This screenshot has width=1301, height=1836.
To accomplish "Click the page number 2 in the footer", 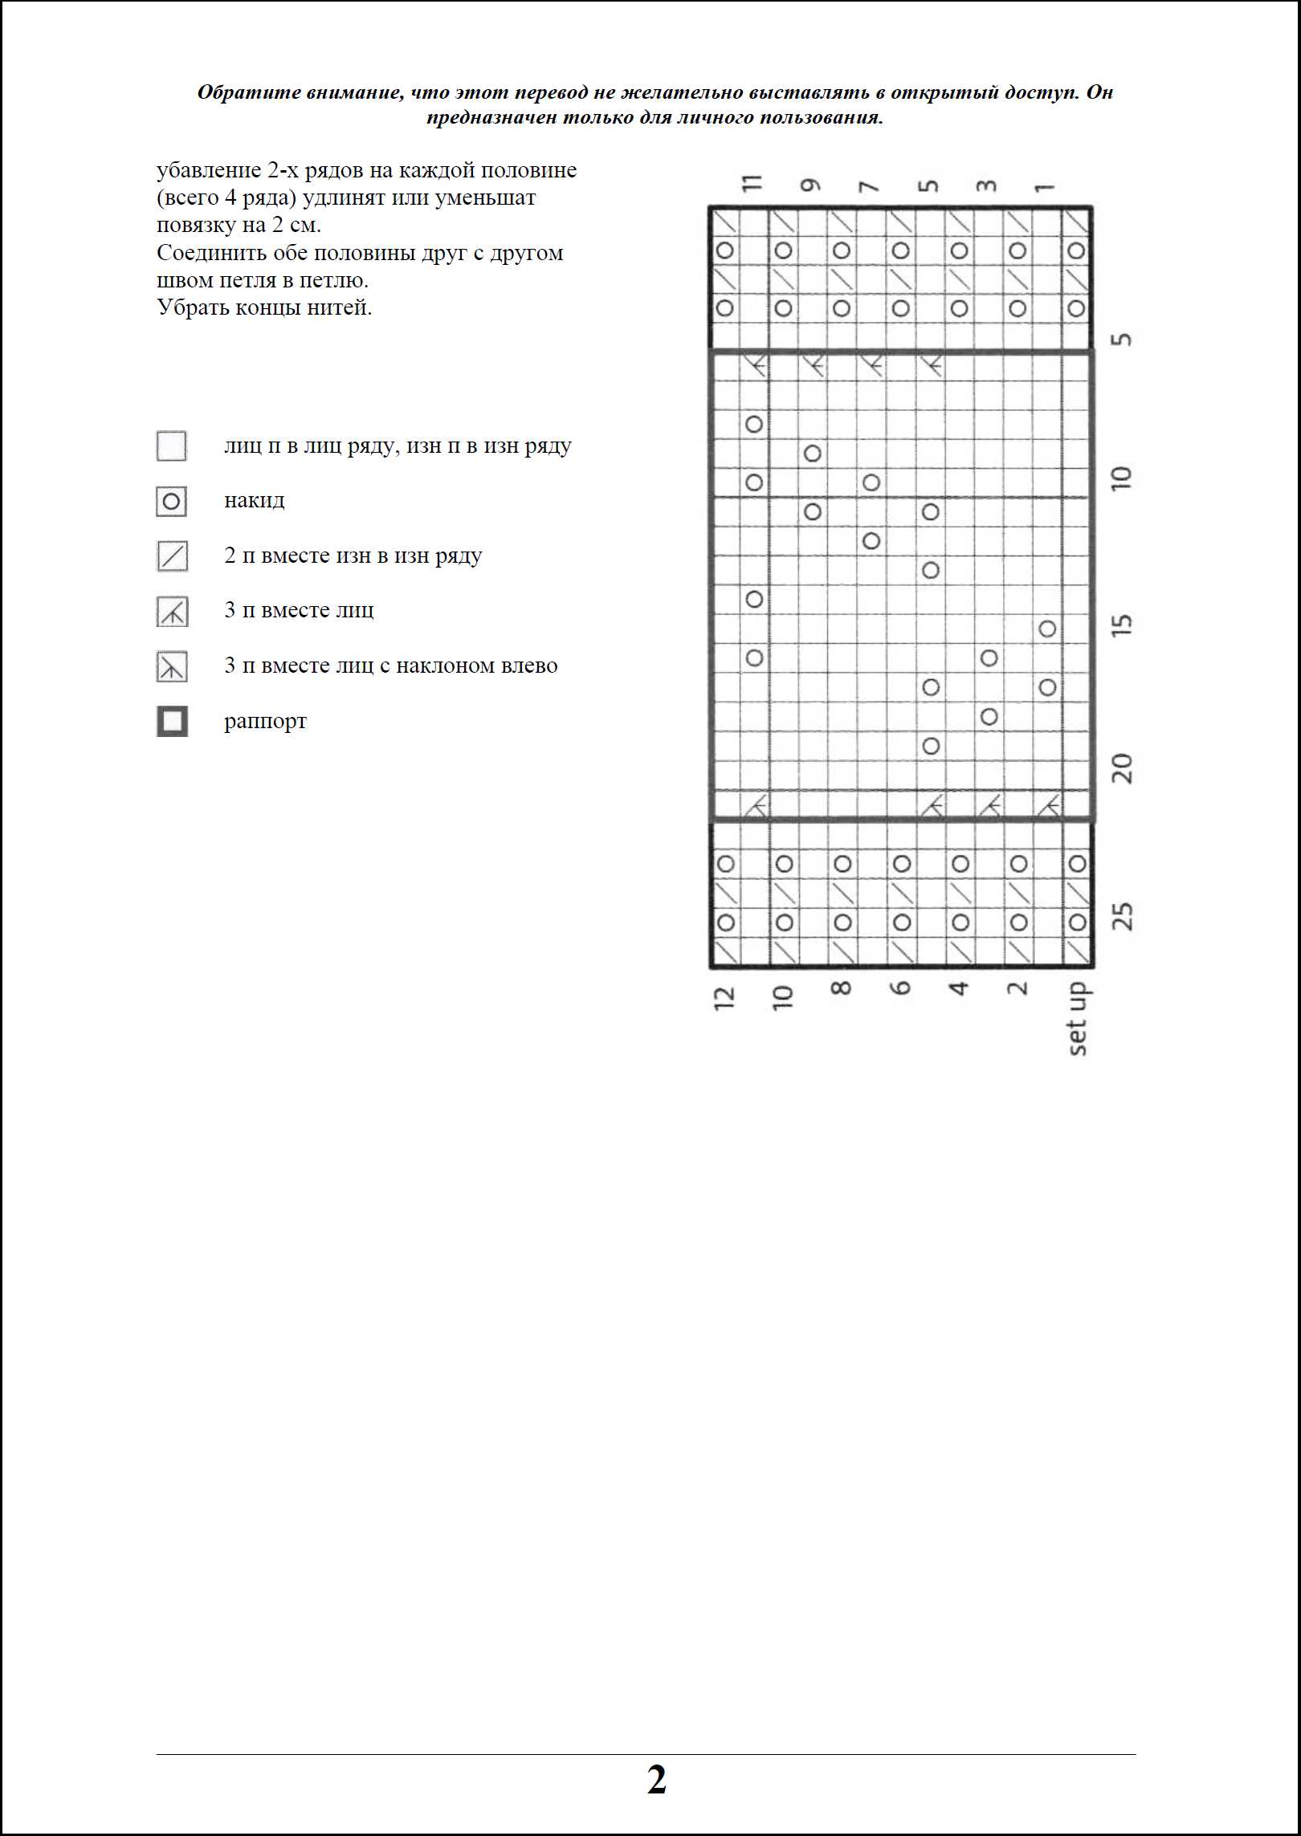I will pos(656,1780).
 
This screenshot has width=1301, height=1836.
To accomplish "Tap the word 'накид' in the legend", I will pos(254,501).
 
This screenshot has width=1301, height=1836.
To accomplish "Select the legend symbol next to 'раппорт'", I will pos(172,721).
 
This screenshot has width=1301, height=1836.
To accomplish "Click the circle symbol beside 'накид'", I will pos(171,503).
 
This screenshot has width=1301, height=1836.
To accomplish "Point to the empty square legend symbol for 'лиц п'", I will pos(171,446).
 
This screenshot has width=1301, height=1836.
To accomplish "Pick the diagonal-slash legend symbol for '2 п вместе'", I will pos(172,556).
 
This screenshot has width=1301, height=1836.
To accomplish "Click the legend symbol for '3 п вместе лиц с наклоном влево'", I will pos(172,666).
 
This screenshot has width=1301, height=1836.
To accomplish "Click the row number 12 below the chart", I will pos(724,997).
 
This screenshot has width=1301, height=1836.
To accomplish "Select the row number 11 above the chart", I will pos(752,183).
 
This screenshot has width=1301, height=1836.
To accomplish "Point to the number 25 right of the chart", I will pos(1123,916).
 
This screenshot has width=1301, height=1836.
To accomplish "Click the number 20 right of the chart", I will pos(1123,769).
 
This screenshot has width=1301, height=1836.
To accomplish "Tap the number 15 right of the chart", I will pos(1123,625).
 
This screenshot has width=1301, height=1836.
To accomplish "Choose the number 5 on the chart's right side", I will pos(1123,339).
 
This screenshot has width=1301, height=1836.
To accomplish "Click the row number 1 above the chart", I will pos(1044,187).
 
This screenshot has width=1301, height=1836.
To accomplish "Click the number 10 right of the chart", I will pos(1123,478).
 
